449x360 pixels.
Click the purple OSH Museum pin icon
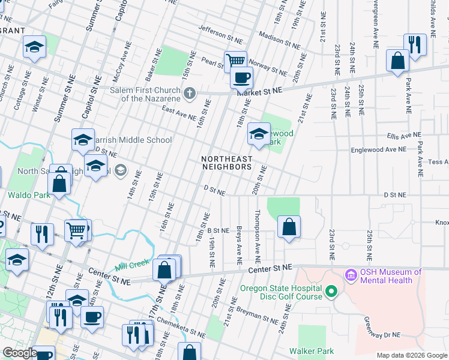pos(351,276)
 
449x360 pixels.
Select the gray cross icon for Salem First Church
pos(190,93)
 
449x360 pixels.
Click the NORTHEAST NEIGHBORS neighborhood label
pos(226,163)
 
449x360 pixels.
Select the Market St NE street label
pos(260,91)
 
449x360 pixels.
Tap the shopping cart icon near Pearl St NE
pos(236,61)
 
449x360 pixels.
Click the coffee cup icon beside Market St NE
pos(241,77)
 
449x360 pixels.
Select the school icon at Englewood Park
pos(258,133)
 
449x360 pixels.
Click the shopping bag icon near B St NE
pos(289,227)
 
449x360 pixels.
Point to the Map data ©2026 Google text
pos(412,355)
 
